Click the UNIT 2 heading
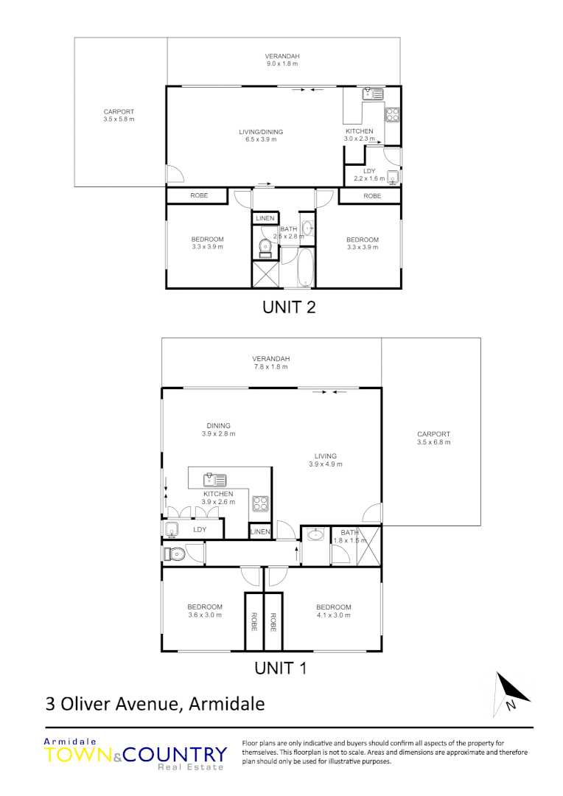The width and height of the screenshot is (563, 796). coord(289,307)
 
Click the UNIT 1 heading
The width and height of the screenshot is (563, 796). coord(279,668)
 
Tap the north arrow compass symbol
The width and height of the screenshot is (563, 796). coord(511,694)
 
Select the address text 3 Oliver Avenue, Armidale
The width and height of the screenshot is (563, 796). coord(155,704)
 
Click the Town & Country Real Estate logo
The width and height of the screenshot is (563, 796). coord(136,755)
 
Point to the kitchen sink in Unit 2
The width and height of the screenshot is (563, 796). coord(371,94)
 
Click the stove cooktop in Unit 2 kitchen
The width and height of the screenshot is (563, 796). coord(393,114)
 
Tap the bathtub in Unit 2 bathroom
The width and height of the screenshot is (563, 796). coord(305,268)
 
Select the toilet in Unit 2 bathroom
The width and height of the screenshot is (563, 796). coord(265,248)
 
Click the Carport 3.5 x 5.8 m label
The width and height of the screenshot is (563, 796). coord(119,115)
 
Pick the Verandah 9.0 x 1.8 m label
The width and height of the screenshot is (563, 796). coord(282,60)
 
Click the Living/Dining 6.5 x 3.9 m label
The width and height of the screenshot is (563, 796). coord(261,136)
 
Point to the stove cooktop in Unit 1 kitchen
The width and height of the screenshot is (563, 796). coord(261,503)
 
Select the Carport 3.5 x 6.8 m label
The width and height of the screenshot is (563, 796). coord(433,438)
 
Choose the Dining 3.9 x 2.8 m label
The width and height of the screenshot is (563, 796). coord(218,429)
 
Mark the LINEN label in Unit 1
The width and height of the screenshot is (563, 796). coord(260,531)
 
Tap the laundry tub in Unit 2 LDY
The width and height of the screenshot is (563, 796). coord(393,177)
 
